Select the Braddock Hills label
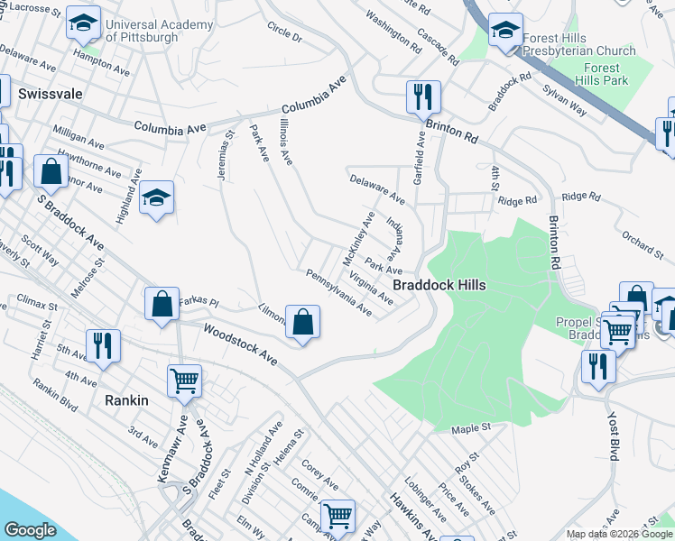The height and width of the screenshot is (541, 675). click(x=439, y=285)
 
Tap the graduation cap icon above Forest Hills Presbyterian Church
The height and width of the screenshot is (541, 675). click(x=505, y=31)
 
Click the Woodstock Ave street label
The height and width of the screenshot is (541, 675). click(x=240, y=344)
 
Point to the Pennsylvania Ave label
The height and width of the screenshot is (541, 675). click(x=339, y=292)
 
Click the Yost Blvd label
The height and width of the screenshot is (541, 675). click(x=613, y=437)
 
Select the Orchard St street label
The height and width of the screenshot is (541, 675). click(x=642, y=248)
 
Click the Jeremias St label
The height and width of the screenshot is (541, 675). click(x=225, y=155)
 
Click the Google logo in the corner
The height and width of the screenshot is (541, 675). click(x=30, y=530)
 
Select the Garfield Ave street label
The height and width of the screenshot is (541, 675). click(x=419, y=160)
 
